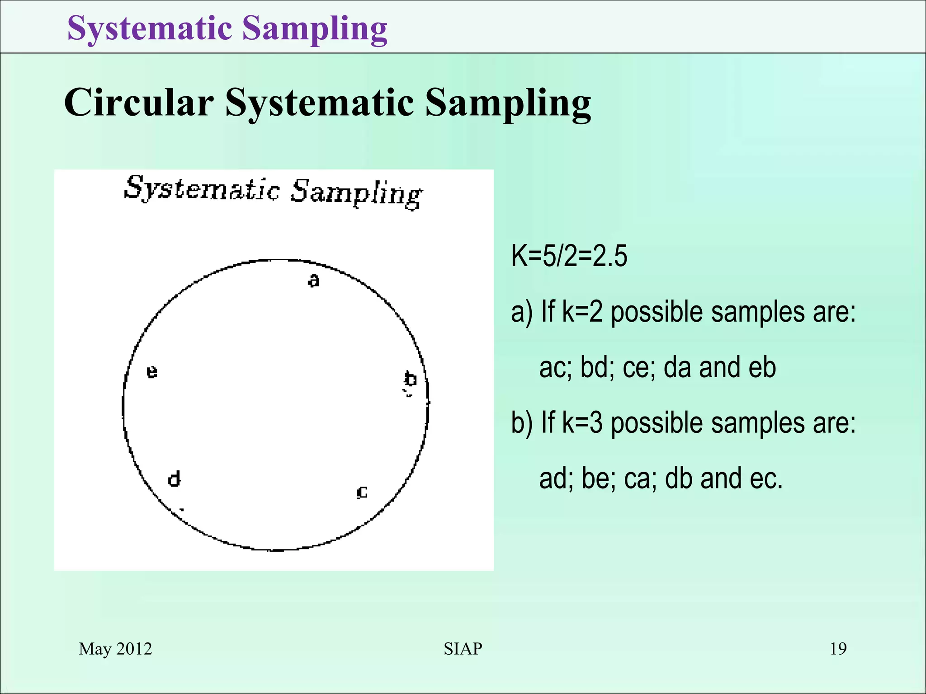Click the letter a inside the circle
[313, 281]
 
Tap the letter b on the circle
[410, 379]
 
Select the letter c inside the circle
[362, 492]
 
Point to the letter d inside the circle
[175, 478]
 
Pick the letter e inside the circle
[152, 372]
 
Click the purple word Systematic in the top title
[150, 28]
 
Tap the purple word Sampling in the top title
[315, 28]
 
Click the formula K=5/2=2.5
[569, 256]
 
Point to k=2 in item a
[582, 312]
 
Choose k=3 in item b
[582, 423]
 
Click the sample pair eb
[762, 367]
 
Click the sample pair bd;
[597, 367]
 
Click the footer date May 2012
[115, 649]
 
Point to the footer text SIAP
[463, 649]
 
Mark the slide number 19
[838, 649]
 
